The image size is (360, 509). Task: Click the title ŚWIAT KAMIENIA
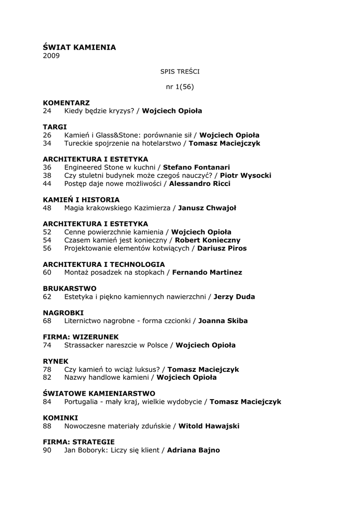79,47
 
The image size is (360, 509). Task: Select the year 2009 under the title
51,56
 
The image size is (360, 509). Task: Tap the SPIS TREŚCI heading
180,72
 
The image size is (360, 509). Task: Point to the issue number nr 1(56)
180,86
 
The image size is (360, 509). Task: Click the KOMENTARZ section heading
66,103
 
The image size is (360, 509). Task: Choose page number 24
47,111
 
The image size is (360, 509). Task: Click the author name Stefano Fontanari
196,168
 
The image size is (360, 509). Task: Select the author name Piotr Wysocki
246,175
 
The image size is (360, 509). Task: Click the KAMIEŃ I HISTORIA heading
81,200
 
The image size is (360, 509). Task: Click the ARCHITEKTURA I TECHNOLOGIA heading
104,264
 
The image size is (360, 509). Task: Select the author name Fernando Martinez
207,272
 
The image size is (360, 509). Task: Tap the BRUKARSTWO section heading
70,289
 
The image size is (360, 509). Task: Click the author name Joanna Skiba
223,321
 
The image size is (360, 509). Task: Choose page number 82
47,377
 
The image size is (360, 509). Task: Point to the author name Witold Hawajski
209,426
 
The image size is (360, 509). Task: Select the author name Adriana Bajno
193,450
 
